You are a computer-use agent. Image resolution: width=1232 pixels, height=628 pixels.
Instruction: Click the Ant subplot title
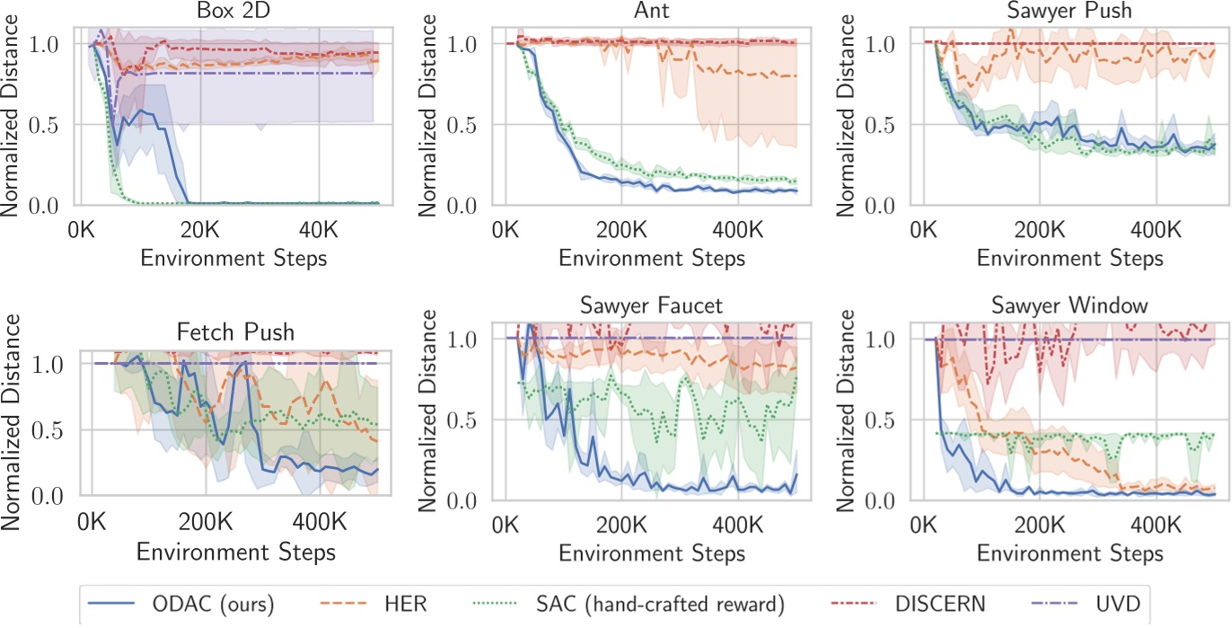[x=651, y=13]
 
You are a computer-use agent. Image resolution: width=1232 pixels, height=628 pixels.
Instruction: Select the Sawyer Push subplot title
[x=1069, y=13]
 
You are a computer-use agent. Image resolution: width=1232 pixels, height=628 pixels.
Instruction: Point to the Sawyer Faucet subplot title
[x=651, y=305]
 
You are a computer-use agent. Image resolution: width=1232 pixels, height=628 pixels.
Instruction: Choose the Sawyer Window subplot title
[x=1069, y=305]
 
